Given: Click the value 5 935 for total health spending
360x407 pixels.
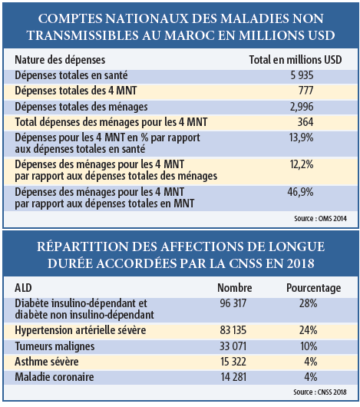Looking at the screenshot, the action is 302,75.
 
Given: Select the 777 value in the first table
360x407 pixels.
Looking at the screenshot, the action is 306,91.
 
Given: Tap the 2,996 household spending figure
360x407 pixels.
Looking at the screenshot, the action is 302,107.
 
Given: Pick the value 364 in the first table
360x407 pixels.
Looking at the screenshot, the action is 306,122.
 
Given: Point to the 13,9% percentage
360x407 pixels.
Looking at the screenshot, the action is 301,137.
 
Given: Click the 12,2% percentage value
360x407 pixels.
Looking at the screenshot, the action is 302,164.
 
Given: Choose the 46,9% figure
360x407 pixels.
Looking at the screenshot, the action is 300,192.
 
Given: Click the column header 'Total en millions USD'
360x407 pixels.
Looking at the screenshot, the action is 296,60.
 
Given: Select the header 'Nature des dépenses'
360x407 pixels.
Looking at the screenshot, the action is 60,60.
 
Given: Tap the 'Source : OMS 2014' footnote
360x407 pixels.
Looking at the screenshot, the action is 320,219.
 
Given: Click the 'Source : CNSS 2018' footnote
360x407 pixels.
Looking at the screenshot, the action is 320,392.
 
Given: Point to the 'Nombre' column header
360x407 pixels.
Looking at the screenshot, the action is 235,288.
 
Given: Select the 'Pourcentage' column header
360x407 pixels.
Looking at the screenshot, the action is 314,288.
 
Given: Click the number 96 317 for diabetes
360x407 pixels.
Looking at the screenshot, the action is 233,303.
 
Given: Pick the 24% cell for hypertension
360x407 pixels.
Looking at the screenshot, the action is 308,330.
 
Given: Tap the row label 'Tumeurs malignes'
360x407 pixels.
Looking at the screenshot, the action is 54,346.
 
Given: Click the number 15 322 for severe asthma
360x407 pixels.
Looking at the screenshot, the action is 233,362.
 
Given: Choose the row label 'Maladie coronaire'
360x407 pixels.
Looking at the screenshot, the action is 54,377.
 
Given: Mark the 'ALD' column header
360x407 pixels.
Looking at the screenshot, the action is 23,288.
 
